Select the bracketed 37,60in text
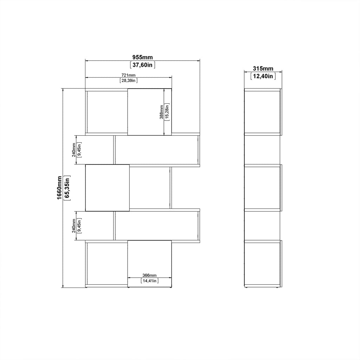[142, 65]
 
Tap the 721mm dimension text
[128, 75]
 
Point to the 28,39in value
[128, 81]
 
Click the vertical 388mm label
[161, 112]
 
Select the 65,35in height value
[67, 188]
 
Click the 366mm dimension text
[149, 275]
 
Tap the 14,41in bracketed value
[149, 281]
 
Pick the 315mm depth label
[263, 69]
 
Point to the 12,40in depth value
[263, 76]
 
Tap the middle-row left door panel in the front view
[107, 188]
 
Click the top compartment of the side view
[262, 112]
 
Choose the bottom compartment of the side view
[262, 263]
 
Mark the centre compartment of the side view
[262, 188]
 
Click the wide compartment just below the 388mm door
[156, 150]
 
